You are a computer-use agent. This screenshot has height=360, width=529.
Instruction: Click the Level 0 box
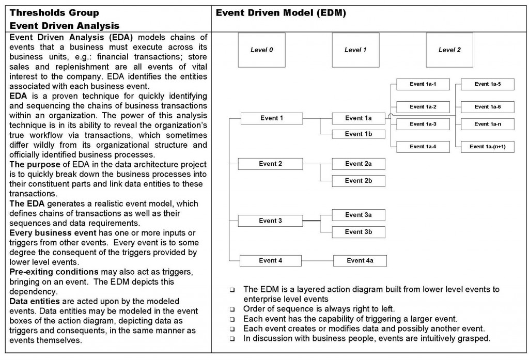[261, 50]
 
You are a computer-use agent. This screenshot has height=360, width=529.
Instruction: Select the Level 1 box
[355, 50]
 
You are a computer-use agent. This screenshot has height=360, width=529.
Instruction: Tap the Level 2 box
[449, 50]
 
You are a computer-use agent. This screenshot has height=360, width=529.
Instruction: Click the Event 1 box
[271, 118]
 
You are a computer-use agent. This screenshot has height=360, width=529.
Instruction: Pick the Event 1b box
[358, 134]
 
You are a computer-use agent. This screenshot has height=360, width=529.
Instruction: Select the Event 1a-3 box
[423, 124]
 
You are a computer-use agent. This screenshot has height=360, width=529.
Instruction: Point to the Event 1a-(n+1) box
[487, 147]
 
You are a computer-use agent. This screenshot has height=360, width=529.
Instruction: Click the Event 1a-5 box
[487, 84]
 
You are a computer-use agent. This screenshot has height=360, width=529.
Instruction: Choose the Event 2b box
[358, 181]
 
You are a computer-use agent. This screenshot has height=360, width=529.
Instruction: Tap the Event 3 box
[270, 221]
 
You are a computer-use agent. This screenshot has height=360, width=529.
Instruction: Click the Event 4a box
[360, 261]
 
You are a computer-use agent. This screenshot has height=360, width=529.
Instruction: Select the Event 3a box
[358, 215]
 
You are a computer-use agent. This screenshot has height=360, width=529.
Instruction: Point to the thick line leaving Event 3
[311, 221]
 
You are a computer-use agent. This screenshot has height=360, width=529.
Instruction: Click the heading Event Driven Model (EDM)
[281, 13]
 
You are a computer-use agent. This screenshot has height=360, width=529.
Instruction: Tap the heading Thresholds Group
[54, 13]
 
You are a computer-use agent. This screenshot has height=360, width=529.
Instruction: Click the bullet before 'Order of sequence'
[232, 309]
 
